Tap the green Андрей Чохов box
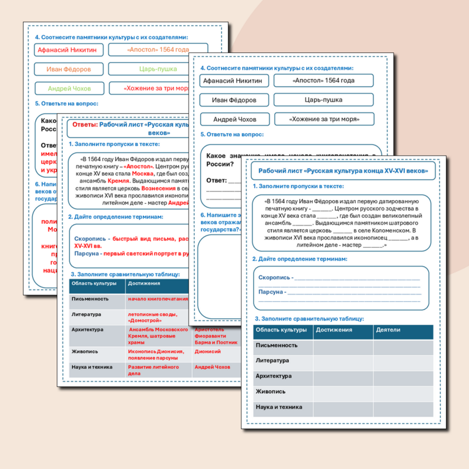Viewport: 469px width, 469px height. click(x=69, y=88)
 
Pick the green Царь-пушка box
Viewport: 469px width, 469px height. click(x=158, y=69)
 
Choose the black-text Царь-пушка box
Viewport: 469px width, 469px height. click(x=322, y=100)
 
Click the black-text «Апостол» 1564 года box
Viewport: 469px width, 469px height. click(x=322, y=80)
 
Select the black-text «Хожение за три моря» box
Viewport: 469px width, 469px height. click(x=322, y=119)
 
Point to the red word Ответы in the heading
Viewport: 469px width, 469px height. click(x=85, y=124)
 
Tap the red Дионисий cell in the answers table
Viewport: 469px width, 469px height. click(x=207, y=351)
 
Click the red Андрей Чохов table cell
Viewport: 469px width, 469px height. click(x=212, y=367)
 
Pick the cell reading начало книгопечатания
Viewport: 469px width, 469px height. click(x=158, y=299)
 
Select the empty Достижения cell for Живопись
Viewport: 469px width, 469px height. click(x=343, y=392)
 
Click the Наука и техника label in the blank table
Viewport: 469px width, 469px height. click(x=279, y=407)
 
